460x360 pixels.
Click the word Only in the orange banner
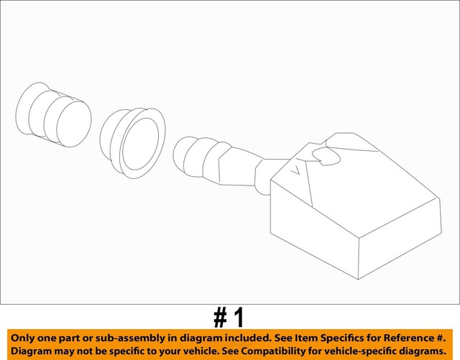click(24, 338)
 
